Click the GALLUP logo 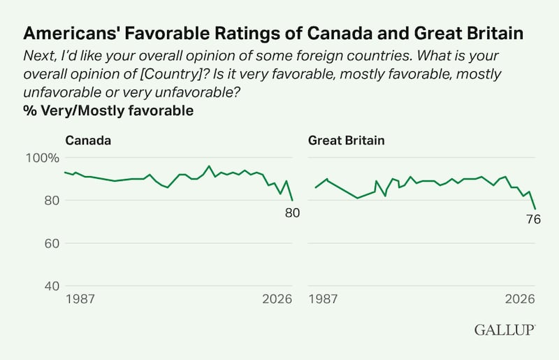click(504, 329)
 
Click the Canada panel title click(88, 140)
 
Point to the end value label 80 click(292, 213)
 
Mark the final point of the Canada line click(292, 201)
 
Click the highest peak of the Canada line click(208, 166)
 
